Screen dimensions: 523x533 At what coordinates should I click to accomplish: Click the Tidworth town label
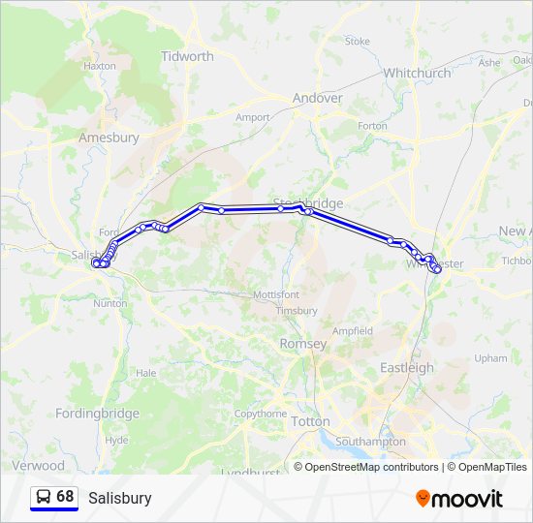(x=187, y=56)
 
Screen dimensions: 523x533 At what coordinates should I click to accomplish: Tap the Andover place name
(x=318, y=98)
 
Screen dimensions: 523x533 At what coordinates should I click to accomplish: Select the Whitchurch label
(x=417, y=73)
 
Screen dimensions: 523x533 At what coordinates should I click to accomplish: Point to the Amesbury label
(x=109, y=138)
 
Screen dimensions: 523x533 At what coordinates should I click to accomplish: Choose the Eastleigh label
(x=407, y=367)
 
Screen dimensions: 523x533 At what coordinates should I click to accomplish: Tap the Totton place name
(x=310, y=421)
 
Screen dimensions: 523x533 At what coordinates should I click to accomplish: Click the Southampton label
(x=370, y=441)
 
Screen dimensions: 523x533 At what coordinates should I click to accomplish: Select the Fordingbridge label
(x=97, y=414)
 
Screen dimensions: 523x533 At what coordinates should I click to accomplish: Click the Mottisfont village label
(x=276, y=293)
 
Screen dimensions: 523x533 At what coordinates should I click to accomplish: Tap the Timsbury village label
(x=297, y=311)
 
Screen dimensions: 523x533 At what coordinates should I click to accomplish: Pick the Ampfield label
(x=353, y=330)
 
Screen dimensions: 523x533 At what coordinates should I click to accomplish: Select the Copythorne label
(x=261, y=414)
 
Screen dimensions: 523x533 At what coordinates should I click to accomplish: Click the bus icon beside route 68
(x=44, y=497)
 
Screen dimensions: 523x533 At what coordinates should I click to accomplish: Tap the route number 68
(x=65, y=497)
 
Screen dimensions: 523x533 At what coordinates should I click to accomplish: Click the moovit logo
(x=459, y=498)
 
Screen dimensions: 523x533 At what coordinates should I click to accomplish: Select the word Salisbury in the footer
(x=119, y=498)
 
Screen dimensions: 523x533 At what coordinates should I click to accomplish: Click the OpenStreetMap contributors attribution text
(x=371, y=467)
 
